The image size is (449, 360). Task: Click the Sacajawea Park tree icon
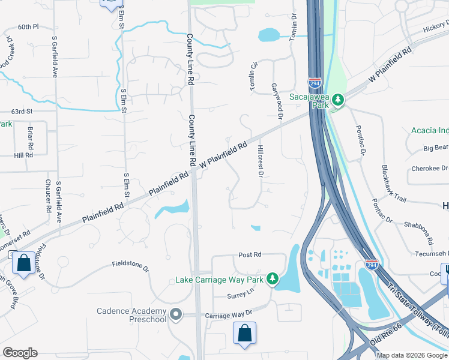(x=338, y=99)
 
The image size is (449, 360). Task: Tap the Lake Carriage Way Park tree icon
(x=273, y=279)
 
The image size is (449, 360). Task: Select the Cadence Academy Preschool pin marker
(x=176, y=314)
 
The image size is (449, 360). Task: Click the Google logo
(x=20, y=353)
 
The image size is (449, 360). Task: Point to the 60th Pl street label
(x=28, y=27)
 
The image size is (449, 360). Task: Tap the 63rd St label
(x=21, y=112)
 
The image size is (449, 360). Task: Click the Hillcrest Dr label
(x=261, y=161)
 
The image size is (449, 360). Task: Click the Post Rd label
(x=250, y=255)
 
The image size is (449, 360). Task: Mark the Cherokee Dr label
(x=430, y=169)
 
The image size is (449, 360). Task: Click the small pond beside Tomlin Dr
(x=268, y=35)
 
